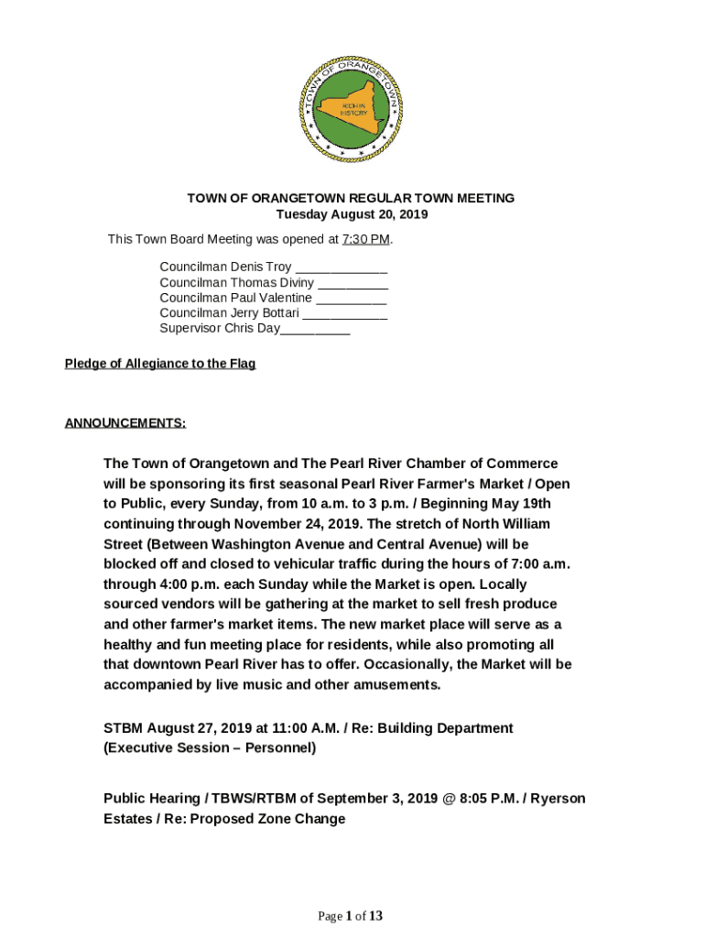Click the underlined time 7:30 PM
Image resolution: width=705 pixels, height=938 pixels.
365,239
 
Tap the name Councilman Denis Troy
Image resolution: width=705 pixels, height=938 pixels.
225,267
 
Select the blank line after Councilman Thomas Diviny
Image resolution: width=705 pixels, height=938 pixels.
352,283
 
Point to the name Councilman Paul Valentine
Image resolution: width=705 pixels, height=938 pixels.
235,298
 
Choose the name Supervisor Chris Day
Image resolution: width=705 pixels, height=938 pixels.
220,328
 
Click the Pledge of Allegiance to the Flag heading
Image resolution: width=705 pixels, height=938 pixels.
160,364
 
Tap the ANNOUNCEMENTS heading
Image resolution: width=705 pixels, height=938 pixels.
125,423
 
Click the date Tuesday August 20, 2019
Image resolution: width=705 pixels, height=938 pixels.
352,214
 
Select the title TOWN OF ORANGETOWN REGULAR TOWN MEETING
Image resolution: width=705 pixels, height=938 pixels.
351,198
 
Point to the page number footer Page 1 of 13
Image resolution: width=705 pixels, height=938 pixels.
351,916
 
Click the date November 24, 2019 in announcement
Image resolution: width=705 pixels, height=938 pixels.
294,524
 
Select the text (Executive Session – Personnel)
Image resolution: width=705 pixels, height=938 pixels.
210,748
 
